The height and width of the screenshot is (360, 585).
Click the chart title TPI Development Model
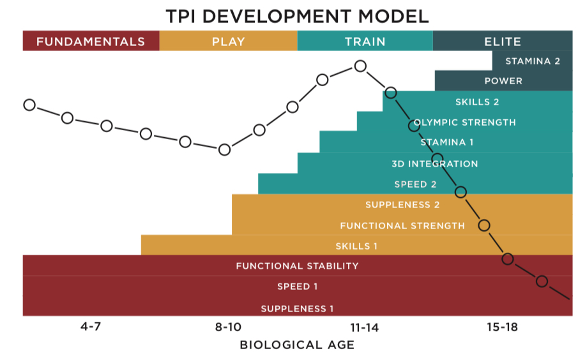pos(297,15)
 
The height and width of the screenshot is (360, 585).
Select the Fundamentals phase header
pos(91,41)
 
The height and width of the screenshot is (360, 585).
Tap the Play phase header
pos(228,41)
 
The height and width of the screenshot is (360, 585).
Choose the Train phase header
pos(365,41)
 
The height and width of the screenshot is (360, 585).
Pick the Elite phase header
pos(503,41)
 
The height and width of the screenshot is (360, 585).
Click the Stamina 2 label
pos(533,61)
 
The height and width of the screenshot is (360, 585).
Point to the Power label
pos(503,81)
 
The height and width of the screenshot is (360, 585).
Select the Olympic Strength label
pos(465,122)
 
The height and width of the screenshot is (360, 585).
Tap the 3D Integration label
pos(434,164)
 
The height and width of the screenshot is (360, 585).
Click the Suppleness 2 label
pos(402,205)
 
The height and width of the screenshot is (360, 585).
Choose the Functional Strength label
pos(402,226)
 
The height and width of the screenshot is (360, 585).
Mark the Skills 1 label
pos(356,246)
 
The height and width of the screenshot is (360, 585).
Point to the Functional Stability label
pos(297,266)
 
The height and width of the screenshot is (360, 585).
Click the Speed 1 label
pos(297,287)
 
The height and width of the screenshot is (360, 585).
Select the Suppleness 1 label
pos(297,309)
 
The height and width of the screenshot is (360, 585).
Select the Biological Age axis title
pos(297,345)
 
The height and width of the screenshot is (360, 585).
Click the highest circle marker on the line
pos(360,66)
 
